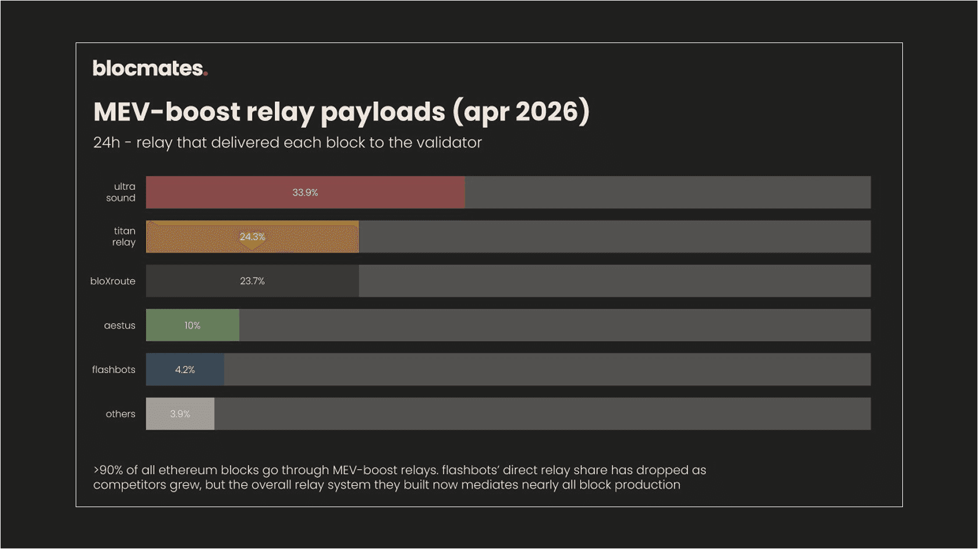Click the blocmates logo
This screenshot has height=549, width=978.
150,69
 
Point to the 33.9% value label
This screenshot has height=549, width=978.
305,192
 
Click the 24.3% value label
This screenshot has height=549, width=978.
252,237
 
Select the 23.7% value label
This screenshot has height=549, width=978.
252,281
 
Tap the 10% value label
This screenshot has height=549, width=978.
192,325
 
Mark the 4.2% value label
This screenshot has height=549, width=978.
185,369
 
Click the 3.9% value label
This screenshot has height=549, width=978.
180,413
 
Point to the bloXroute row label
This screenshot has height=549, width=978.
112,281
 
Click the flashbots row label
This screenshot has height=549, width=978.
114,369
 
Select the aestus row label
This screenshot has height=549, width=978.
119,325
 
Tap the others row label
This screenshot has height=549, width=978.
120,413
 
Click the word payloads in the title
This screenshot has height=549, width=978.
382,112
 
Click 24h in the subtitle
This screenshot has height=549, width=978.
107,142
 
